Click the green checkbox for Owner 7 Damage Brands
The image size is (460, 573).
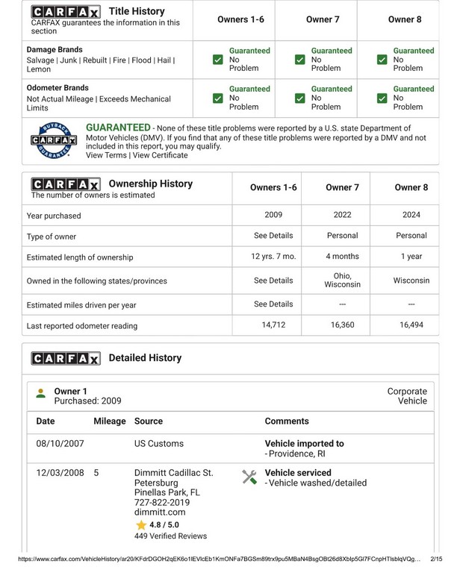pos(300,60)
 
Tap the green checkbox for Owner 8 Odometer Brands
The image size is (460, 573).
pos(382,98)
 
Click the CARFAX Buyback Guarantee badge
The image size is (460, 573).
pos(54,140)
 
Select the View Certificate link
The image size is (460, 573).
pos(161,155)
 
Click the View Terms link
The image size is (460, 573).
pos(106,155)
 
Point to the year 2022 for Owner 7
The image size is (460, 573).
pos(342,215)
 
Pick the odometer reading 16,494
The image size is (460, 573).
pos(411,325)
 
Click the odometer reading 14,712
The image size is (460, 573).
pos(273,325)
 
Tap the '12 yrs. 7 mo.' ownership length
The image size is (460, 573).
pos(273,256)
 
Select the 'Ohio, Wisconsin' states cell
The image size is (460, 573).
pos(342,280)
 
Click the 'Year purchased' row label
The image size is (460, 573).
pos(54,216)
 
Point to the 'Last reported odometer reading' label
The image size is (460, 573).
pos(82,326)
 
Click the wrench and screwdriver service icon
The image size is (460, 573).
pos(249,477)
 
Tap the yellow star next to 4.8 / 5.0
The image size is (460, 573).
pos(140,525)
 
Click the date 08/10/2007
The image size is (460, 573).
pos(60,443)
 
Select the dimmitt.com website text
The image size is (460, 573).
pos(159,513)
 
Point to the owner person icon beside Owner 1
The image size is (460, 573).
pos(41,393)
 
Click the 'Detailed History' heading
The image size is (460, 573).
pos(145,358)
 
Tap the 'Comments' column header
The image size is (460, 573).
pos(287,421)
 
